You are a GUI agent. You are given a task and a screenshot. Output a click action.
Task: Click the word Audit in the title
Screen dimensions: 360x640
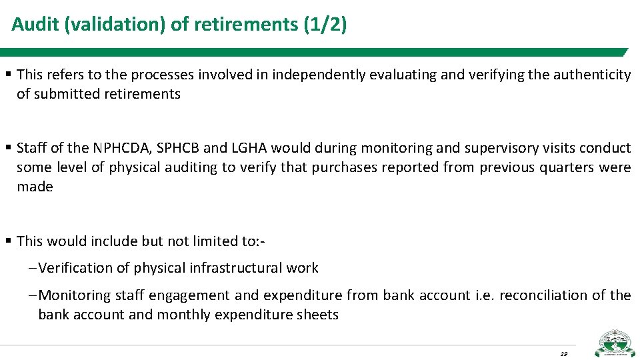[31, 25]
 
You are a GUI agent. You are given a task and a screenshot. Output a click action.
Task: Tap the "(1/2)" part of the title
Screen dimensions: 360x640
[325, 25]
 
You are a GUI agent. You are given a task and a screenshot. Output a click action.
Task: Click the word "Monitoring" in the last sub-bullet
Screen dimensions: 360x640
[75, 295]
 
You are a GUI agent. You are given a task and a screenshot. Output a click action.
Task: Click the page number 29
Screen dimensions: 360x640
[564, 353]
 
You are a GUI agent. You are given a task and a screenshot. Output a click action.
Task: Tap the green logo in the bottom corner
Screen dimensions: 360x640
[615, 343]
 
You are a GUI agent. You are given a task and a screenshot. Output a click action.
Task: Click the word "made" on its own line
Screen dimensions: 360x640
[35, 187]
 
